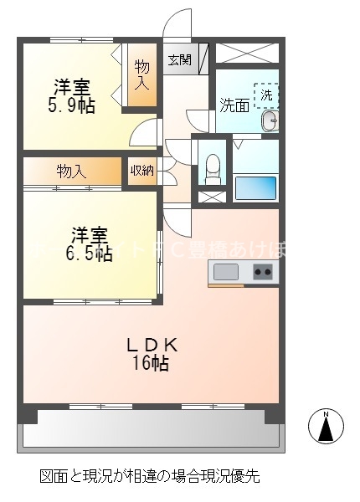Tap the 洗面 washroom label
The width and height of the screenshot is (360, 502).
click(234, 105)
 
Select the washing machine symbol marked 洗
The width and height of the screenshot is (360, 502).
click(266, 95)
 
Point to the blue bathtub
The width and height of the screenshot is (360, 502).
click(256, 187)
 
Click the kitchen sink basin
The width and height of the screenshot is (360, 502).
click(226, 271)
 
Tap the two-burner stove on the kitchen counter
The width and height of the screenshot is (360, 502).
click(262, 271)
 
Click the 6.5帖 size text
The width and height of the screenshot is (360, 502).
click(89, 254)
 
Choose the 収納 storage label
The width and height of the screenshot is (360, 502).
click(141, 171)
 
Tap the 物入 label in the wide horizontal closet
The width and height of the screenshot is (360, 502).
click(72, 172)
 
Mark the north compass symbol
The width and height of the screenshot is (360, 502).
click(327, 426)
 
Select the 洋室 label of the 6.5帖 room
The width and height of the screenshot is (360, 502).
click(88, 234)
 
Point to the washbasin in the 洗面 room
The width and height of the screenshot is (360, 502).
click(268, 122)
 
